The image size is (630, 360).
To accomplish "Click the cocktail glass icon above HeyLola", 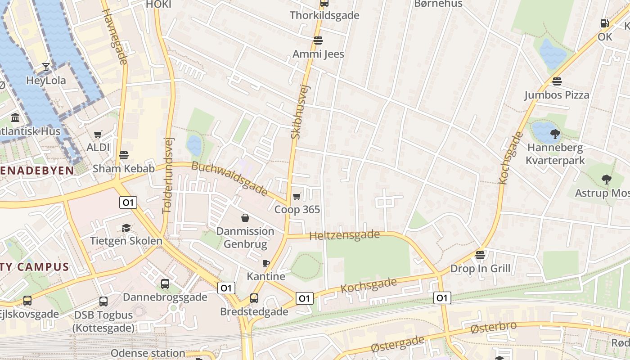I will [x=46, y=67].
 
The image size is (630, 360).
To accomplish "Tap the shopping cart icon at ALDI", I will [x=98, y=134].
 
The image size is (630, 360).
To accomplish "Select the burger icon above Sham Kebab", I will [x=124, y=156].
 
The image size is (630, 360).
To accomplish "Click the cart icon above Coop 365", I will [x=297, y=196].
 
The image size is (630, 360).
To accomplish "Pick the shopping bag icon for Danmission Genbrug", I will [x=245, y=218].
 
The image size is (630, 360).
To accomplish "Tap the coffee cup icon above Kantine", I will [x=266, y=263].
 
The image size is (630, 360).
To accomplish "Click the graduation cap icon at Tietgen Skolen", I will [x=126, y=228].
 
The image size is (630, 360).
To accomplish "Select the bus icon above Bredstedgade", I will [x=254, y=298].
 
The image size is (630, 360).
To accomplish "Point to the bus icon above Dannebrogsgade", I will [x=165, y=284].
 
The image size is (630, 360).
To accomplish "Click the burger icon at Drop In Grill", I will [x=480, y=255].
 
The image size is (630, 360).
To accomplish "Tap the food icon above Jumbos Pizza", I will [x=557, y=81].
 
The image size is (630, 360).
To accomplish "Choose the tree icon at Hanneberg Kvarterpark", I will [x=555, y=134].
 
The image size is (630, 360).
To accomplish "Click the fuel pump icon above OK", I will [x=605, y=23].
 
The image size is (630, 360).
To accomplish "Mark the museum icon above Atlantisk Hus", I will [x=15, y=118].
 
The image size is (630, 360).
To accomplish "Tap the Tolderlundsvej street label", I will [x=168, y=175].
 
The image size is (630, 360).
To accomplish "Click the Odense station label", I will [x=148, y=353].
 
